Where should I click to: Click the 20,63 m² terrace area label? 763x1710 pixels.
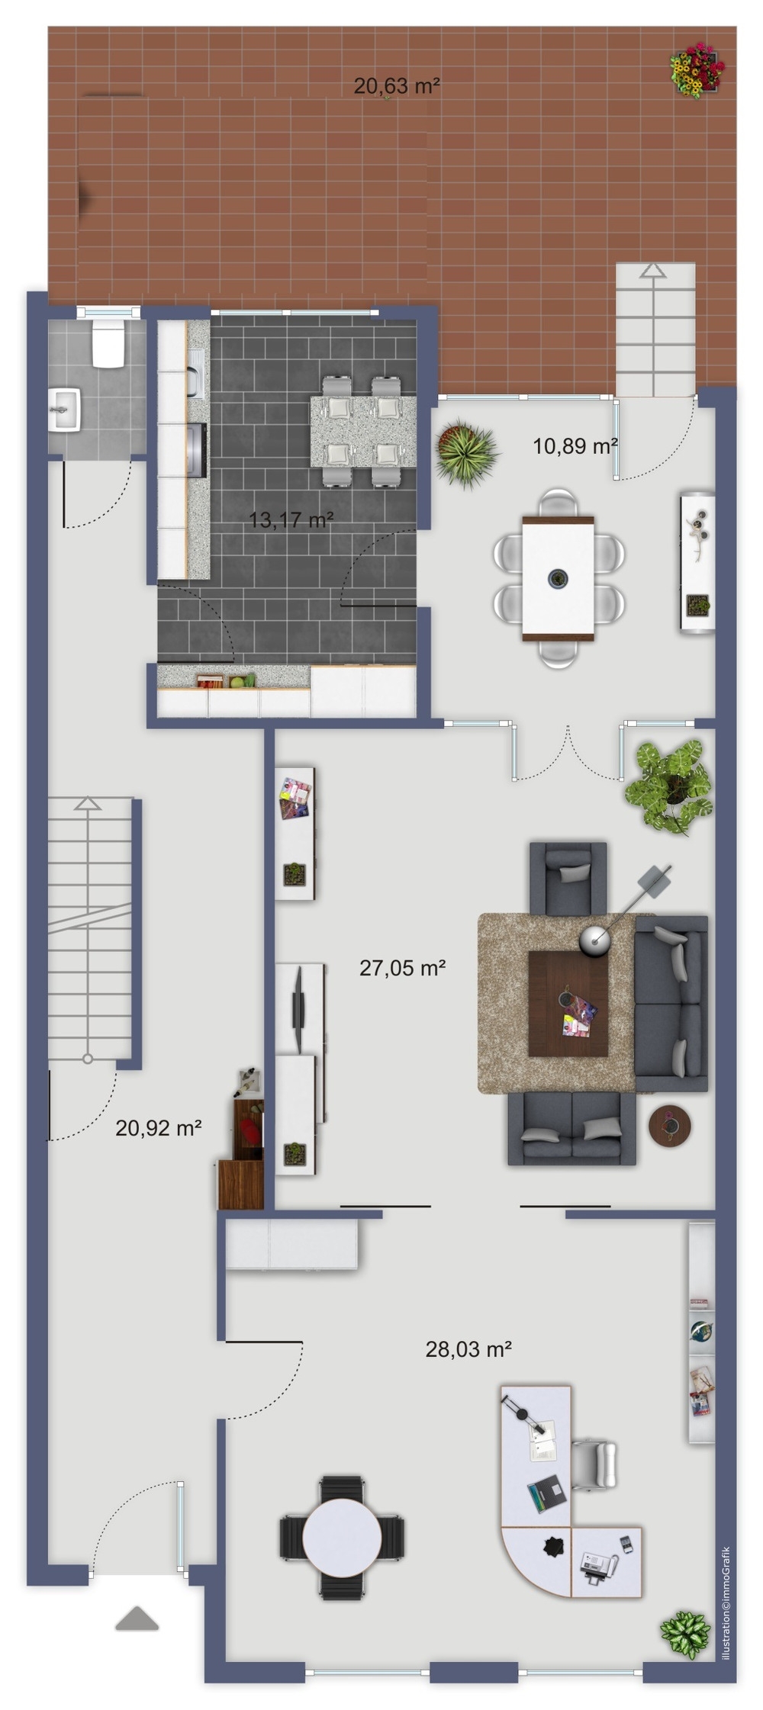[x=397, y=86]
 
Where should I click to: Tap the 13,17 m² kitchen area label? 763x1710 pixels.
[x=291, y=520]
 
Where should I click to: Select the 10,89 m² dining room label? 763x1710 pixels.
[x=575, y=446]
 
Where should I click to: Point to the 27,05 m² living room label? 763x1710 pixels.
[x=403, y=968]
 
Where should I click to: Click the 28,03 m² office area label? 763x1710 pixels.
[x=468, y=1349]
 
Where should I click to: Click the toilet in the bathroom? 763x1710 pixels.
[x=108, y=344]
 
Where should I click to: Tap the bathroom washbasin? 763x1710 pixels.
[x=65, y=410]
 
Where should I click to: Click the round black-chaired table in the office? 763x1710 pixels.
[x=342, y=1538]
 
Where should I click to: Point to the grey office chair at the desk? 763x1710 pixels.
[x=594, y=1464]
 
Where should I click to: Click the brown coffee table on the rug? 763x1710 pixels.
[x=568, y=1004]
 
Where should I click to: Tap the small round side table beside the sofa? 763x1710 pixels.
[x=670, y=1125]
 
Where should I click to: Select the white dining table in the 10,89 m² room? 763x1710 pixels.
[x=559, y=579]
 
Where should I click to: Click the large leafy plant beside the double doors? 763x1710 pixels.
[x=669, y=786]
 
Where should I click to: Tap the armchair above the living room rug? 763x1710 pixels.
[x=568, y=878]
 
